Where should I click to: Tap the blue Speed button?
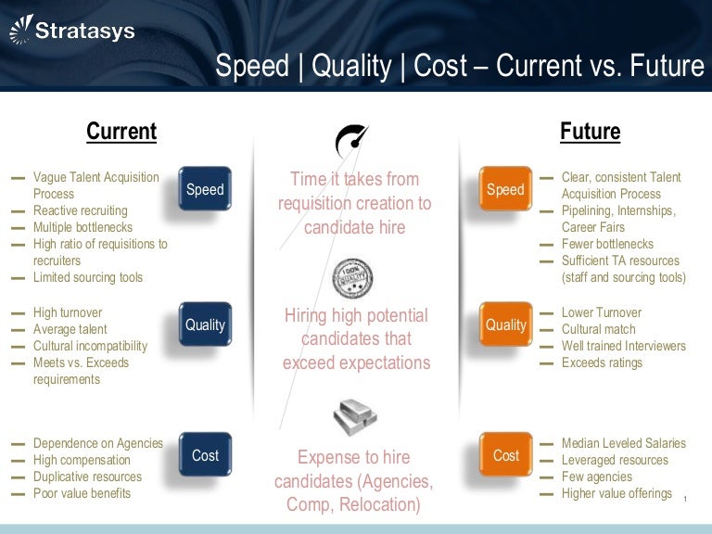[205, 189]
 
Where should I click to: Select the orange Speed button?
[505, 189]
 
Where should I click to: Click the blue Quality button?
[205, 324]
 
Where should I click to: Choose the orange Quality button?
[505, 324]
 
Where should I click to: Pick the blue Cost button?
[205, 455]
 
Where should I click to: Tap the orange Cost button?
[505, 455]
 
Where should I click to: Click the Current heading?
[121, 132]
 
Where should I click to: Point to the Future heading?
[590, 132]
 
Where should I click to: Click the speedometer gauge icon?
[352, 138]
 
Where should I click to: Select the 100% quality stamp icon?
[352, 276]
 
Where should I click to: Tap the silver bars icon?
[354, 416]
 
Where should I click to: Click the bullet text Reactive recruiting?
[81, 210]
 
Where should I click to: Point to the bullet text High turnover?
[68, 312]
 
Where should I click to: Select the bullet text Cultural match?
[599, 329]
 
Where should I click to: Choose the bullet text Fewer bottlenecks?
[607, 244]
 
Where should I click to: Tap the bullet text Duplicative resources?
[88, 477]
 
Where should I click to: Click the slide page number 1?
[683, 501]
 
